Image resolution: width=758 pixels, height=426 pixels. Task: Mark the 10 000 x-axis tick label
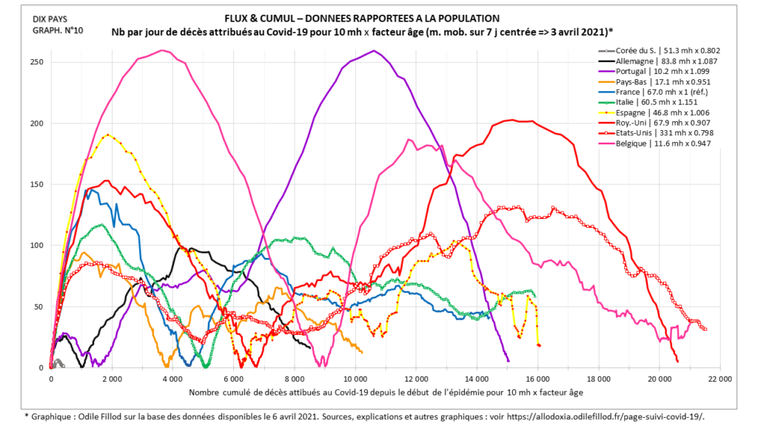click(355, 378)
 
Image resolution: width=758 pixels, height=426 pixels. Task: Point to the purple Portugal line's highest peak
click(375, 51)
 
